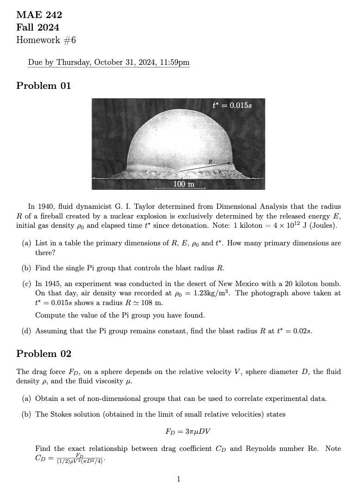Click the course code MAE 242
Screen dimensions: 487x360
39,15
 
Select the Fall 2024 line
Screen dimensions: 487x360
37,28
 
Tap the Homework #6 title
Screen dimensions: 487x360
46,40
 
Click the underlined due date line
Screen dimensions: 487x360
108,62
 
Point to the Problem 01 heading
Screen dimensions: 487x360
43,86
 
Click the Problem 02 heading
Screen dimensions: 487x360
43,354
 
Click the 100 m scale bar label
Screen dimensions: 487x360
184,184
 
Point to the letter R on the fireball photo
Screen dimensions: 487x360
210,162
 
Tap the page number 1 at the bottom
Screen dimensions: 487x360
179,479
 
